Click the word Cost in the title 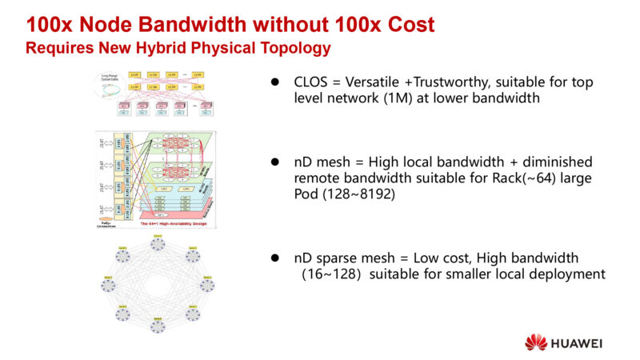tap(406, 24)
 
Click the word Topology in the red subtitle tap(293, 47)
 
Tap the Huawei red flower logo tap(536, 342)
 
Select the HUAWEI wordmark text tap(577, 342)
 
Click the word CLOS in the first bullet tap(311, 83)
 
